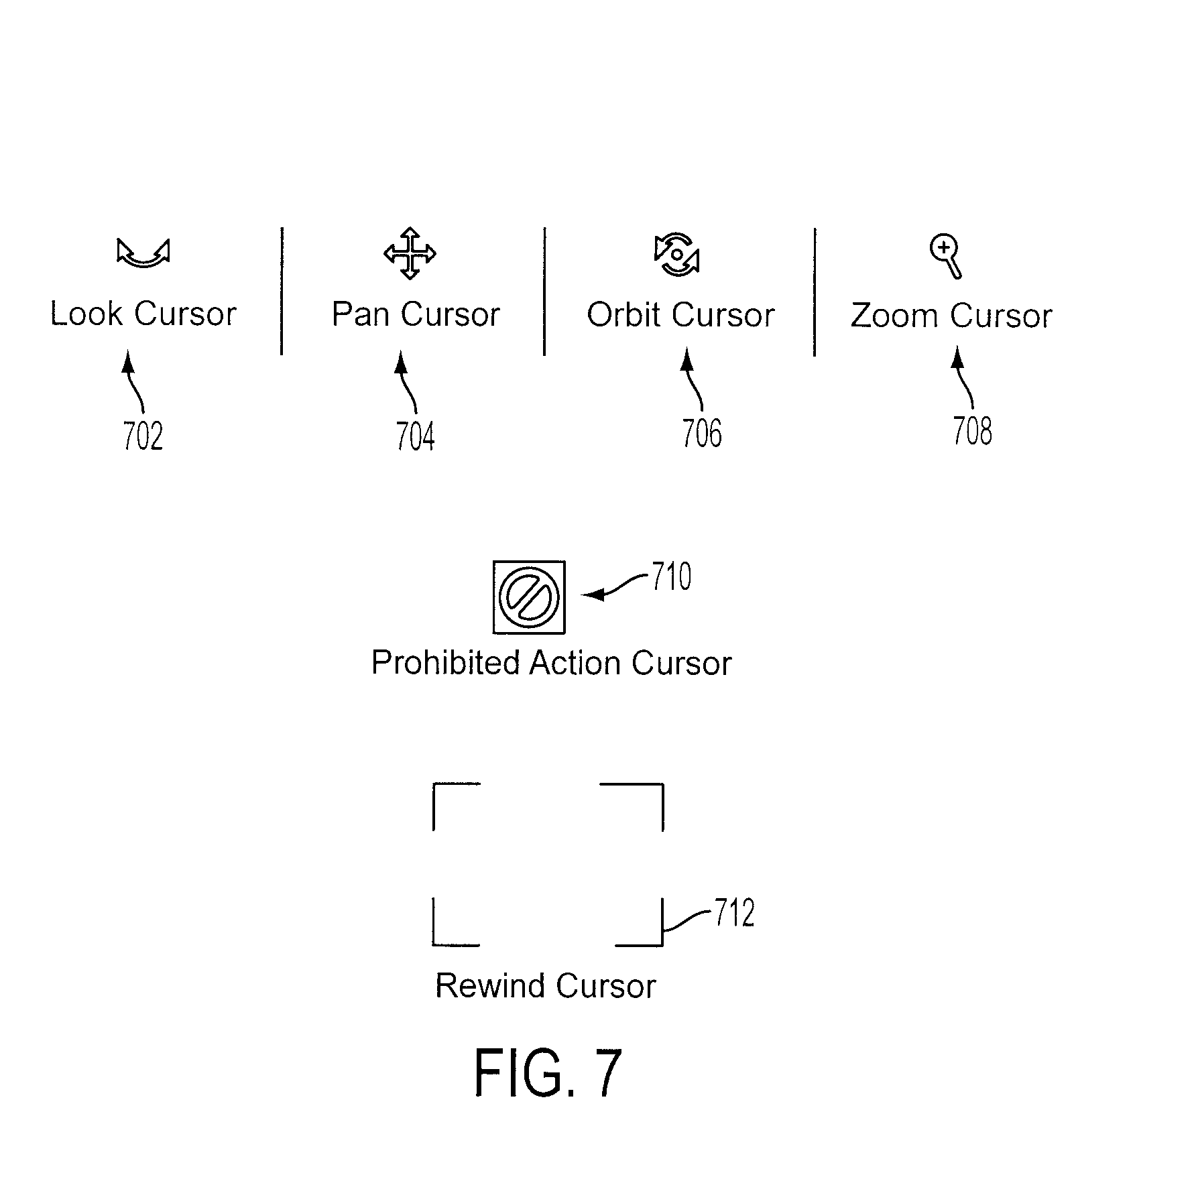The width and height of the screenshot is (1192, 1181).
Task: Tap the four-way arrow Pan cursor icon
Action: click(x=410, y=253)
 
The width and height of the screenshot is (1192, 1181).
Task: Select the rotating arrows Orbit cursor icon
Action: click(x=676, y=255)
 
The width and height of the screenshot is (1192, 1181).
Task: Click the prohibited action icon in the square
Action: click(x=529, y=597)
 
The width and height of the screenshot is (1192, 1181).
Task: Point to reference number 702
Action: click(x=143, y=436)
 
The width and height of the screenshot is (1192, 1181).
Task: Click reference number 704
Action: click(x=415, y=436)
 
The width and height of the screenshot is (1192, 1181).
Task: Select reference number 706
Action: click(x=702, y=433)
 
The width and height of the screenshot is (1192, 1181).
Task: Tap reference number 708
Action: click(x=972, y=431)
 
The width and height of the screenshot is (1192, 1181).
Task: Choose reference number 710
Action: click(x=672, y=576)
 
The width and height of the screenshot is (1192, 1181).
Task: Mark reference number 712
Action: click(x=735, y=913)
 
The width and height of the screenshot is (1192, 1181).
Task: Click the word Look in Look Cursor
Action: click(x=86, y=314)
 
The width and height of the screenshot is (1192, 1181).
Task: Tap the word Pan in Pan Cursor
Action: click(x=360, y=314)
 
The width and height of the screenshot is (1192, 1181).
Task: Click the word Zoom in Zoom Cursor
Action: click(x=894, y=316)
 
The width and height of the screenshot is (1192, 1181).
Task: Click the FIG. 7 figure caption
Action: click(x=548, y=1072)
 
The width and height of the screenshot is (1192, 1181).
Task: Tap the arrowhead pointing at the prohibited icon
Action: click(x=593, y=595)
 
